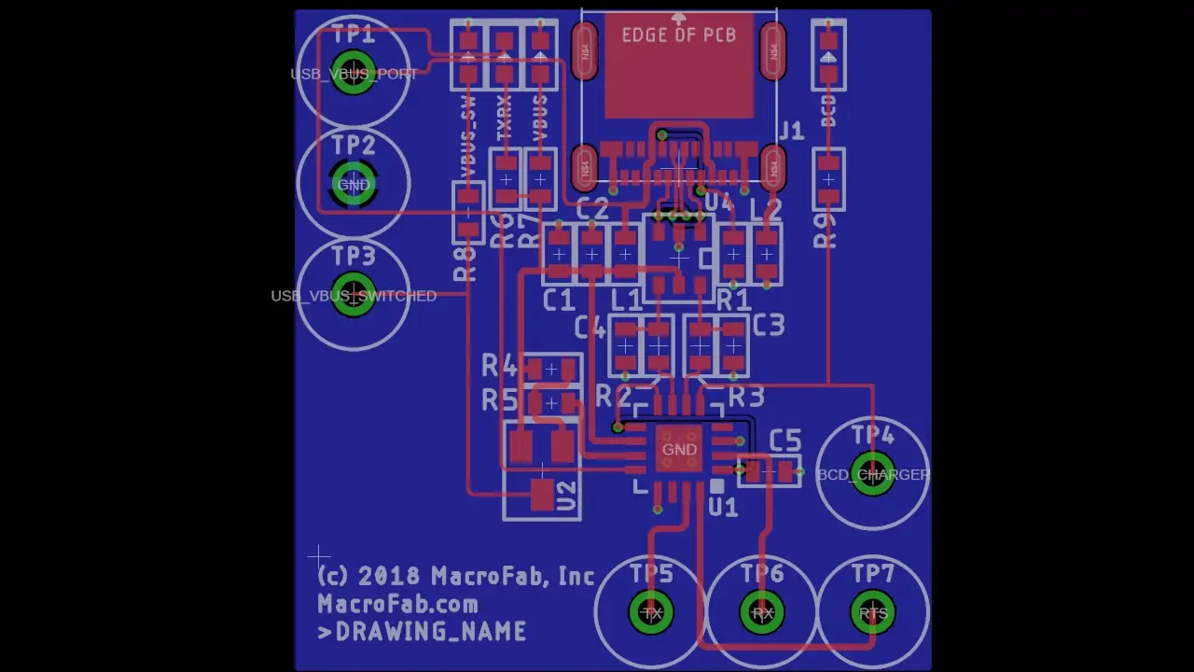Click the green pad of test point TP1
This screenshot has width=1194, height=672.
(x=354, y=74)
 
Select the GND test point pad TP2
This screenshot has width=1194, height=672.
(x=354, y=184)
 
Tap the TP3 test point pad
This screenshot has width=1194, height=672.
(x=354, y=295)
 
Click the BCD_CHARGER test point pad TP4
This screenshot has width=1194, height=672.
(x=872, y=474)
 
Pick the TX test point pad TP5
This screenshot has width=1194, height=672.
(x=651, y=613)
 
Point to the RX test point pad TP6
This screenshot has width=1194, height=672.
(x=762, y=613)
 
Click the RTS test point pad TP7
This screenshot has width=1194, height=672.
(x=873, y=613)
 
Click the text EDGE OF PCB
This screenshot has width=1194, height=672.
(x=678, y=35)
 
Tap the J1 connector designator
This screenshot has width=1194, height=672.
(x=791, y=131)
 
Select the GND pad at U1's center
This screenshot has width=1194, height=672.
(x=679, y=450)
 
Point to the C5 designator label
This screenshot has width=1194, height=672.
(x=784, y=441)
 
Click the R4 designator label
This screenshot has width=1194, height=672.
(x=498, y=367)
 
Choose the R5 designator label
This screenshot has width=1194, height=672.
(x=498, y=400)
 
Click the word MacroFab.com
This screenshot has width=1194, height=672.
(x=397, y=604)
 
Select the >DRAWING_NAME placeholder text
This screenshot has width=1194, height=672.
(x=422, y=632)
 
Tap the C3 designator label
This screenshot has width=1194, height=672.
(x=768, y=326)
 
